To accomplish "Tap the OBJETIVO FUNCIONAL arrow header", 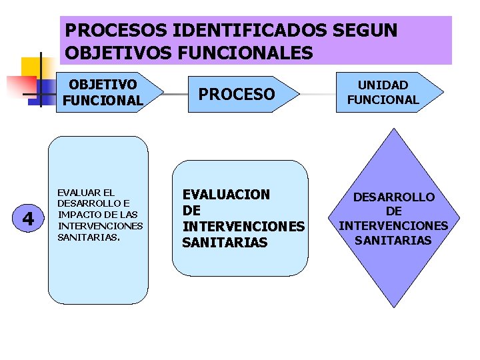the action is click(x=107, y=92).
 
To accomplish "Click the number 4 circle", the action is click(x=28, y=218).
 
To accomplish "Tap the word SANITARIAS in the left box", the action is click(x=88, y=237).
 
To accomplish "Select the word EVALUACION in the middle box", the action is click(x=226, y=195).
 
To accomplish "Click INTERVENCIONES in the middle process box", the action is click(x=243, y=227).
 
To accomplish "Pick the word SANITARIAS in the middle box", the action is click(x=224, y=243).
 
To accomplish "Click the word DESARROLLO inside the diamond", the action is click(x=393, y=197).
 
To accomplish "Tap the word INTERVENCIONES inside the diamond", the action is click(x=393, y=226).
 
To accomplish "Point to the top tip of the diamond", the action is click(x=393, y=126).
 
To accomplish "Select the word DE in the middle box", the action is click(x=191, y=211).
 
